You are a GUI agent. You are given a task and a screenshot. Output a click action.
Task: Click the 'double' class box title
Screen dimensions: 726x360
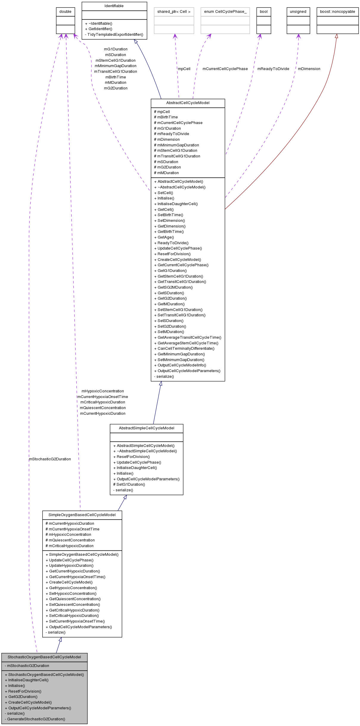pyautogui.click(x=65, y=12)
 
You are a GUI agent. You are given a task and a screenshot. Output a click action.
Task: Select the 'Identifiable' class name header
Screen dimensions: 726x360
pyautogui.click(x=114, y=6)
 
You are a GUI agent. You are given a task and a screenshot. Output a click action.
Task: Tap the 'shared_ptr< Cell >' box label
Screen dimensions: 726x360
pyautogui.click(x=174, y=12)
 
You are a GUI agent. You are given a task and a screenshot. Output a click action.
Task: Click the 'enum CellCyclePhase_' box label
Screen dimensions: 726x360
pyautogui.click(x=225, y=12)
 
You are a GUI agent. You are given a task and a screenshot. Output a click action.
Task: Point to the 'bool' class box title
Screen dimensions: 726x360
pyautogui.click(x=264, y=12)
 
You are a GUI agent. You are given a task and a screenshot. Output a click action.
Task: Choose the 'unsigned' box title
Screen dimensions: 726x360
pyautogui.click(x=298, y=12)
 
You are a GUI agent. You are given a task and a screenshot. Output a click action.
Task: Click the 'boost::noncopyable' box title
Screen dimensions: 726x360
pyautogui.click(x=337, y=12)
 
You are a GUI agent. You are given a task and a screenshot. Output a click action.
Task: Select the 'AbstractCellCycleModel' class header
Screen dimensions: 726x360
pyautogui.click(x=188, y=103)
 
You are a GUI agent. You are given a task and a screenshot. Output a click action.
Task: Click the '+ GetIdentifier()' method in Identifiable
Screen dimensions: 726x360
pyautogui.click(x=99, y=29)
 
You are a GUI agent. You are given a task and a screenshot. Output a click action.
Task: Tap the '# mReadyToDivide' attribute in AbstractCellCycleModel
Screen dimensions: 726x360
pyautogui.click(x=171, y=134)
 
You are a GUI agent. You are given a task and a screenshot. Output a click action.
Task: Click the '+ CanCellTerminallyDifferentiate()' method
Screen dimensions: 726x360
pyautogui.click(x=184, y=349)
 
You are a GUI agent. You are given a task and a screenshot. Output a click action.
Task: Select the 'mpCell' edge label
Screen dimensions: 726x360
pyautogui.click(x=184, y=69)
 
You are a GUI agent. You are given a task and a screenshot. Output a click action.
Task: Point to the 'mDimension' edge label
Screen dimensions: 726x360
pyautogui.click(x=309, y=69)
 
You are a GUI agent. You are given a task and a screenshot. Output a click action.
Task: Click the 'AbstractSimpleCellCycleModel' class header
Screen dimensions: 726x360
pyautogui.click(x=147, y=428)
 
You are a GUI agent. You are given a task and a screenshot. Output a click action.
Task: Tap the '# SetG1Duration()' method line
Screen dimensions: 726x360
pyautogui.click(x=129, y=484)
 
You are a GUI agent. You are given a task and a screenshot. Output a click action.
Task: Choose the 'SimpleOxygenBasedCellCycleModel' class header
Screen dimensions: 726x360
pyautogui.click(x=82, y=515)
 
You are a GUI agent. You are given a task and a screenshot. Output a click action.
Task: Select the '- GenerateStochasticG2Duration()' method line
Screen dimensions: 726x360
pyautogui.click(x=35, y=719)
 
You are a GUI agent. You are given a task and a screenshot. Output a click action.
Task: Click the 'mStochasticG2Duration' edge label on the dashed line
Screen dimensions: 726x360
pyautogui.click(x=50, y=459)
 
